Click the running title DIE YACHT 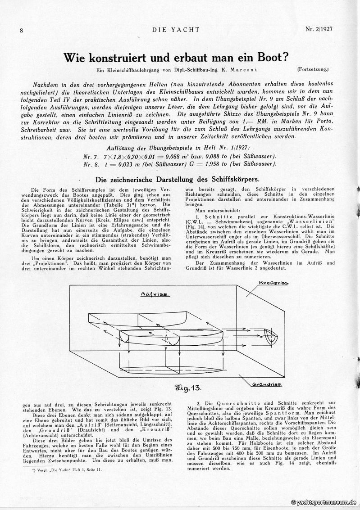(x=176, y=30)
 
